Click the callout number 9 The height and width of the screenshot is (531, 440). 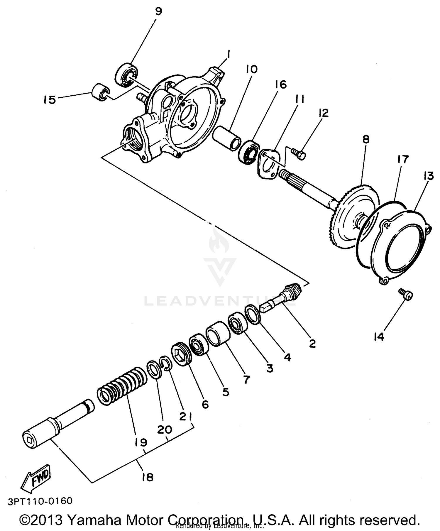pos(158,11)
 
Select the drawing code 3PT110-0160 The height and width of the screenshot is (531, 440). pos(40,501)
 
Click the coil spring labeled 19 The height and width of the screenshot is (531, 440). pos(122,385)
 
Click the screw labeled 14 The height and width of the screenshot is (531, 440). pos(406,294)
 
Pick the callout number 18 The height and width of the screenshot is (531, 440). pos(148,477)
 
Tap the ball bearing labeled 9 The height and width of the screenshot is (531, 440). pos(126,75)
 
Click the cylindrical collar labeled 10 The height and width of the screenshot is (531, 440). pos(227,138)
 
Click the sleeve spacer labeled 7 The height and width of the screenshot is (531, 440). pos(218,334)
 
